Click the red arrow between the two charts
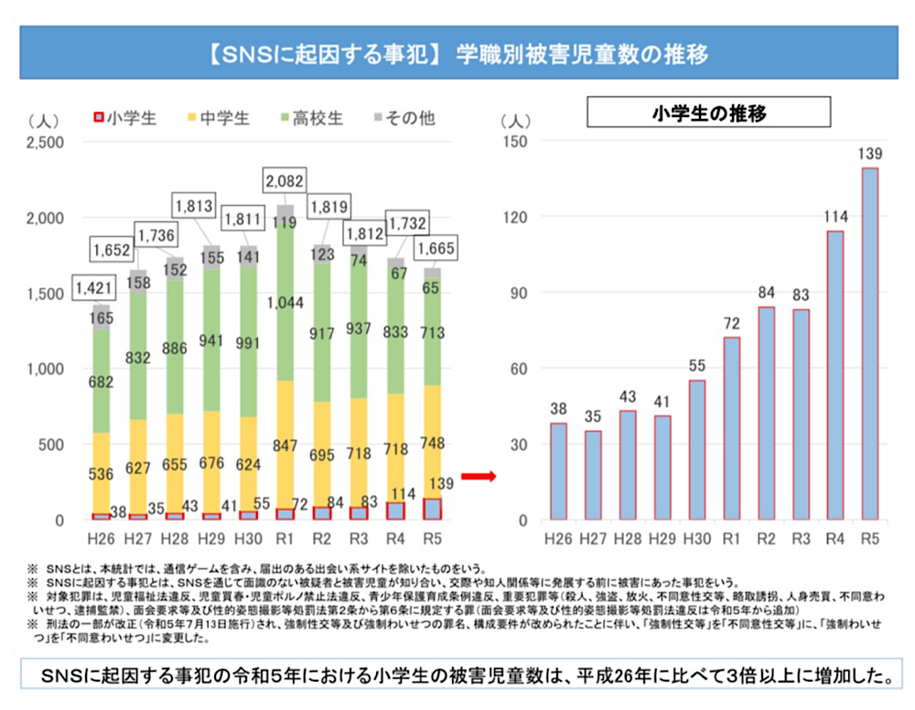click(478, 476)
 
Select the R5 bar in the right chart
click(870, 344)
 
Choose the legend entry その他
click(404, 118)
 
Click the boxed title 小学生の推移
click(708, 113)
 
